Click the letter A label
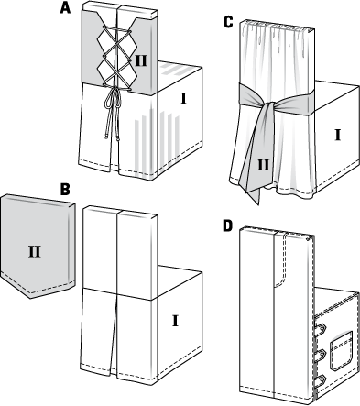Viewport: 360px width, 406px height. [65, 8]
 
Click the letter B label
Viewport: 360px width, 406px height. [65, 189]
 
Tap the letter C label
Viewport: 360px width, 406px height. [228, 22]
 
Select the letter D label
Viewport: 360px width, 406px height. [227, 225]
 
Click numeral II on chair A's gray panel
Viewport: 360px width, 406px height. [141, 61]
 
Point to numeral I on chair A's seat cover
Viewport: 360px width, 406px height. [183, 98]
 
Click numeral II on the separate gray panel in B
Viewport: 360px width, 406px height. [35, 252]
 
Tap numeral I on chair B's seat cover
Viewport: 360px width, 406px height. [175, 322]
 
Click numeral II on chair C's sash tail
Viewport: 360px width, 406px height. [264, 165]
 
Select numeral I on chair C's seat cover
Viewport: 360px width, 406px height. [337, 135]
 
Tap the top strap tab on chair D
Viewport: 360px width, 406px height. [321, 328]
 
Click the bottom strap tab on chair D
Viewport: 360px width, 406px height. [321, 379]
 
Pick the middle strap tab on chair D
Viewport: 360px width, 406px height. [321, 355]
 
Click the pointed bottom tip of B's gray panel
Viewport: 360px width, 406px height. [30, 298]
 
